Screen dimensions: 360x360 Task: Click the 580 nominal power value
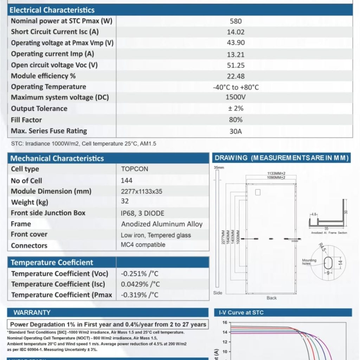tap(236, 21)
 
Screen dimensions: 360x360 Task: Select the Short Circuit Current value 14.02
tap(236, 32)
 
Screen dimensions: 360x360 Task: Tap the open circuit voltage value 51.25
tap(236, 65)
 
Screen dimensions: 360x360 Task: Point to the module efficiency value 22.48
tap(236, 76)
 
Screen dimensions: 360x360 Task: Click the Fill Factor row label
tap(26, 120)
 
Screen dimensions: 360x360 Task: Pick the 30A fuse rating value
tap(236, 131)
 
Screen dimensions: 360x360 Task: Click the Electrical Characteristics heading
tap(52, 10)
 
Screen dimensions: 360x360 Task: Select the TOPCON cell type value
tap(135, 169)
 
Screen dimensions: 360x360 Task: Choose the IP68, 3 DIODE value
tap(142, 213)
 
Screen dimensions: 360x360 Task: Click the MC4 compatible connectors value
tap(143, 245)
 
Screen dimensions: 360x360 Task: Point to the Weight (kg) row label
tap(30, 202)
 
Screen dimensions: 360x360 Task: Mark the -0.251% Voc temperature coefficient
tap(140, 274)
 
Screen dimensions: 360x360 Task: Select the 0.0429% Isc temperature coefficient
tap(140, 284)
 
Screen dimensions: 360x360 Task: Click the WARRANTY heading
tap(32, 313)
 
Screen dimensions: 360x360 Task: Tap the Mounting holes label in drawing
tap(309, 262)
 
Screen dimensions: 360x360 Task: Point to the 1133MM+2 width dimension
tap(276, 173)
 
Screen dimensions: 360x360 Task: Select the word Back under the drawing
tap(271, 298)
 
